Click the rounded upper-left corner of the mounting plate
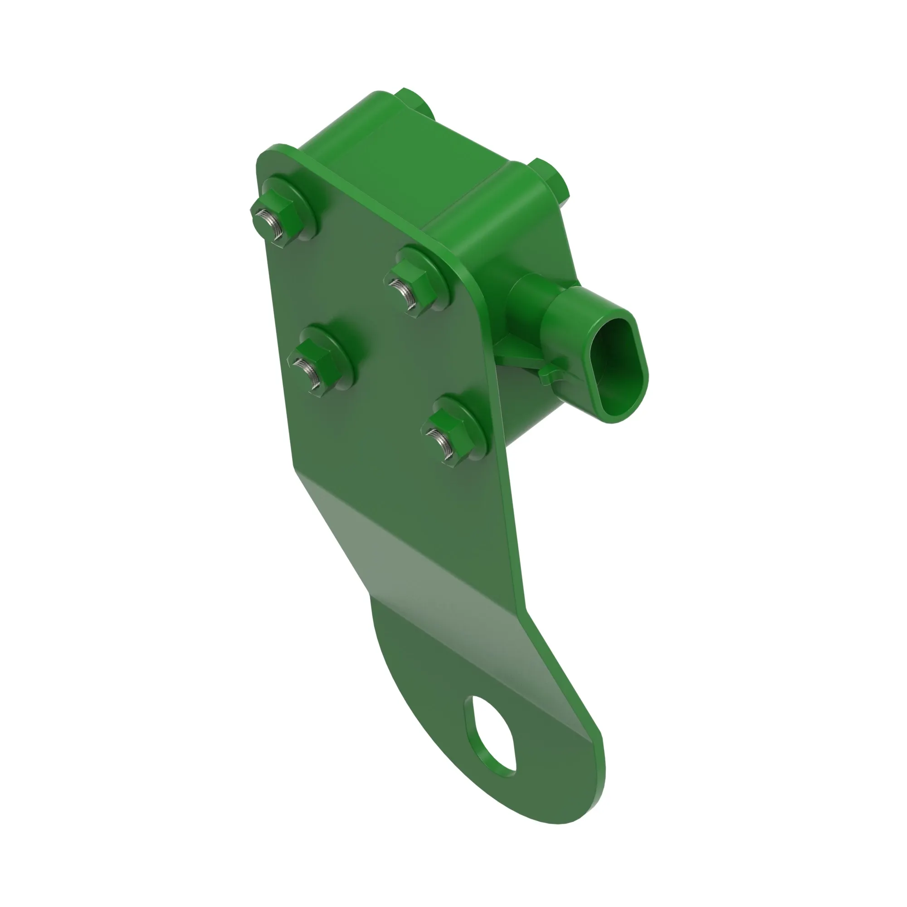pyautogui.click(x=270, y=157)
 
